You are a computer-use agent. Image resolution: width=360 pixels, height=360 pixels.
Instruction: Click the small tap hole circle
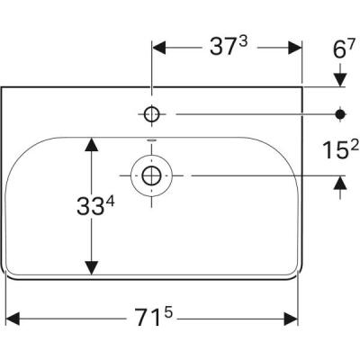(x=152, y=114)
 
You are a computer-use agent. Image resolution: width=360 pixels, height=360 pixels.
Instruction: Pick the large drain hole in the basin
(x=151, y=174)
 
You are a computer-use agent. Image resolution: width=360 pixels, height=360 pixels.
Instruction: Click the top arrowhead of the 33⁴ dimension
(x=91, y=144)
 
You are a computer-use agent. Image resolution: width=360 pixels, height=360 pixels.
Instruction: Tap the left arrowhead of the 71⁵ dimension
(x=13, y=318)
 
